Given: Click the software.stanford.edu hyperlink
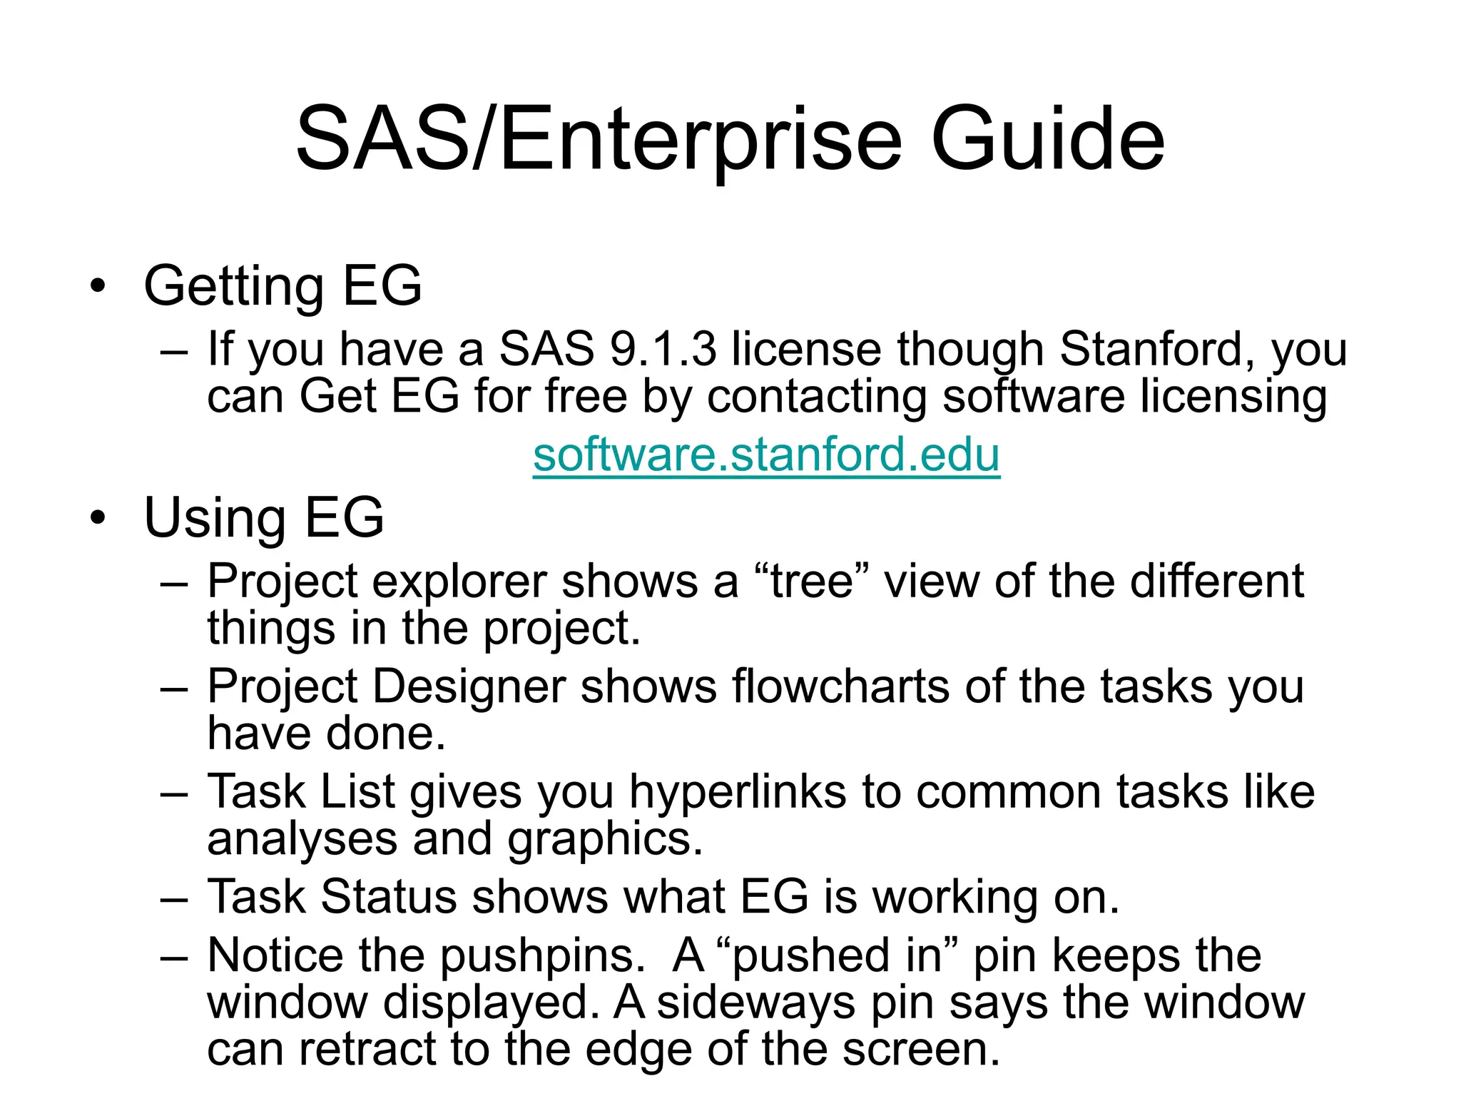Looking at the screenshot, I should [766, 455].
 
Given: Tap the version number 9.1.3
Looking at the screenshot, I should [663, 350].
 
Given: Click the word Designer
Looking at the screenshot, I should [469, 686].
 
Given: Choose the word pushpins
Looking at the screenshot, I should [542, 956].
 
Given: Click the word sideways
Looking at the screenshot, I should [755, 1003].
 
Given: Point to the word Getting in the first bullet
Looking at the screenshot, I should [234, 287].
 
